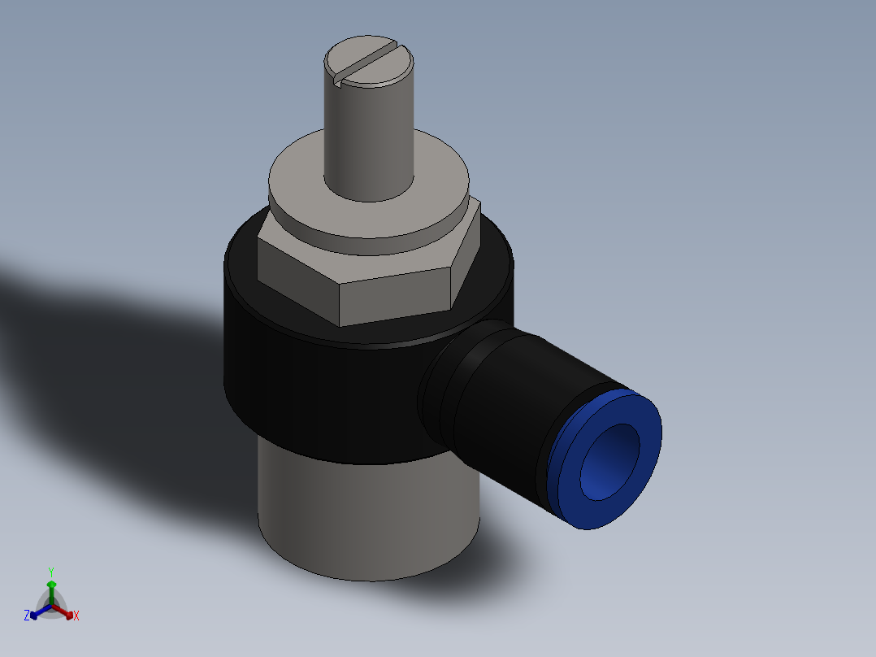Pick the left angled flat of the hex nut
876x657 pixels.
coord(297,276)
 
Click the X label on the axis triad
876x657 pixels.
coord(76,616)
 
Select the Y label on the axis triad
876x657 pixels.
coord(51,572)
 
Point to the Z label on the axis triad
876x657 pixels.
coord(26,616)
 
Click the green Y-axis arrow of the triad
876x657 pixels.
coord(51,590)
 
